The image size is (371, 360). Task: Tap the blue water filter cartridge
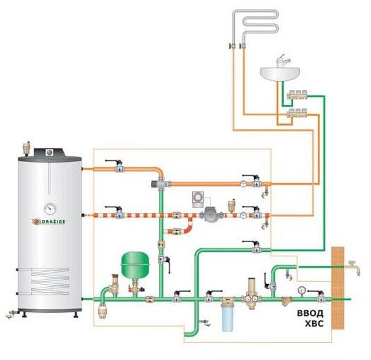228,318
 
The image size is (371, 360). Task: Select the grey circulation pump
211,215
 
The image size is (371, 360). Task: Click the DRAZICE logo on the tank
49,222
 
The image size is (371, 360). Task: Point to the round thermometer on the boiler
50,209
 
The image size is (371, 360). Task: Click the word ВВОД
310,313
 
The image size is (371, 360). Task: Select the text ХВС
314,324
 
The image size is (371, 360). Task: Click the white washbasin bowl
280,75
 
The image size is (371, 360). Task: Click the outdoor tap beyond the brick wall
355,268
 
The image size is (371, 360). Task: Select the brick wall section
338,288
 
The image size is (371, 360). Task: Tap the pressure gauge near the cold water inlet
301,290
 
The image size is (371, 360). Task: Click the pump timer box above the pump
198,200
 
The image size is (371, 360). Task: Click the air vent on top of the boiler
28,148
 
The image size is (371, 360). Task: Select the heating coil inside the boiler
50,282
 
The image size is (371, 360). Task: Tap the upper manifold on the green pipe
297,94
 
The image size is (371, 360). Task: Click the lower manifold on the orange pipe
297,114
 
